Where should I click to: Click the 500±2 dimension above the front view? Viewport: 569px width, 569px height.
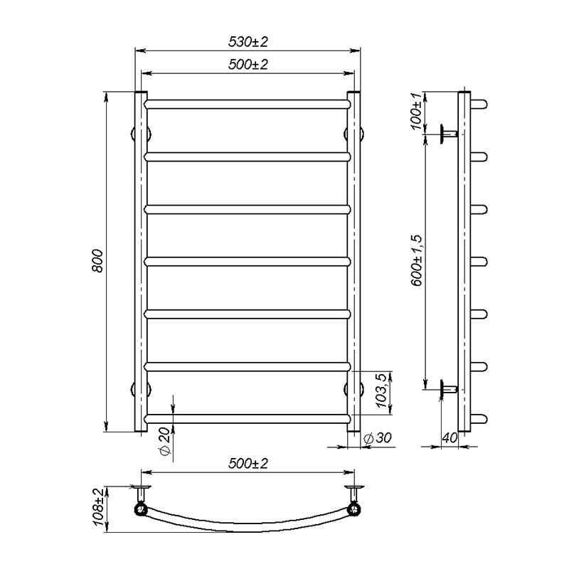[x=248, y=65]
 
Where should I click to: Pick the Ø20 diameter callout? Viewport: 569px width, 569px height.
[x=164, y=442]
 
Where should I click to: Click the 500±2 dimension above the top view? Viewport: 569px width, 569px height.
[x=248, y=464]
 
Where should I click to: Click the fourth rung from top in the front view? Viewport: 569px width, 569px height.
[x=248, y=261]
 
